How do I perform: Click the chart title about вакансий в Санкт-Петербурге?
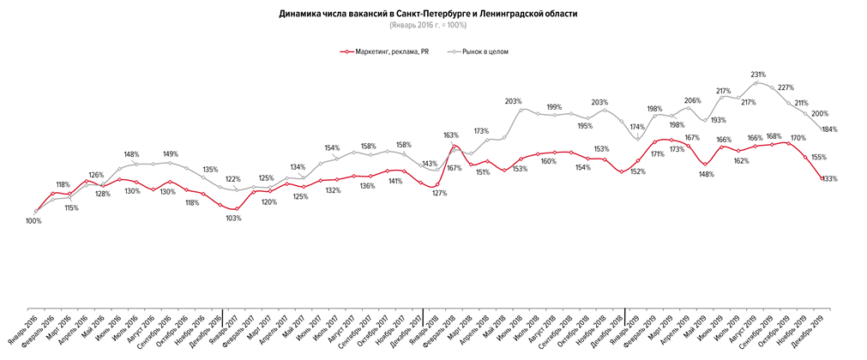coord(433,14)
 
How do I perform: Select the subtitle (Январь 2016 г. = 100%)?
coord(433,25)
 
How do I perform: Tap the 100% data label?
coord(33,221)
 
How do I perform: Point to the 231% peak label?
coord(757,75)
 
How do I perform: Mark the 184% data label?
coord(829,129)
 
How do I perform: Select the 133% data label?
coord(828,179)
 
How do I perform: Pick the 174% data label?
coord(637,128)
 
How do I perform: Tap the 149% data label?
coord(169,154)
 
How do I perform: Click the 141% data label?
coord(394,182)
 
